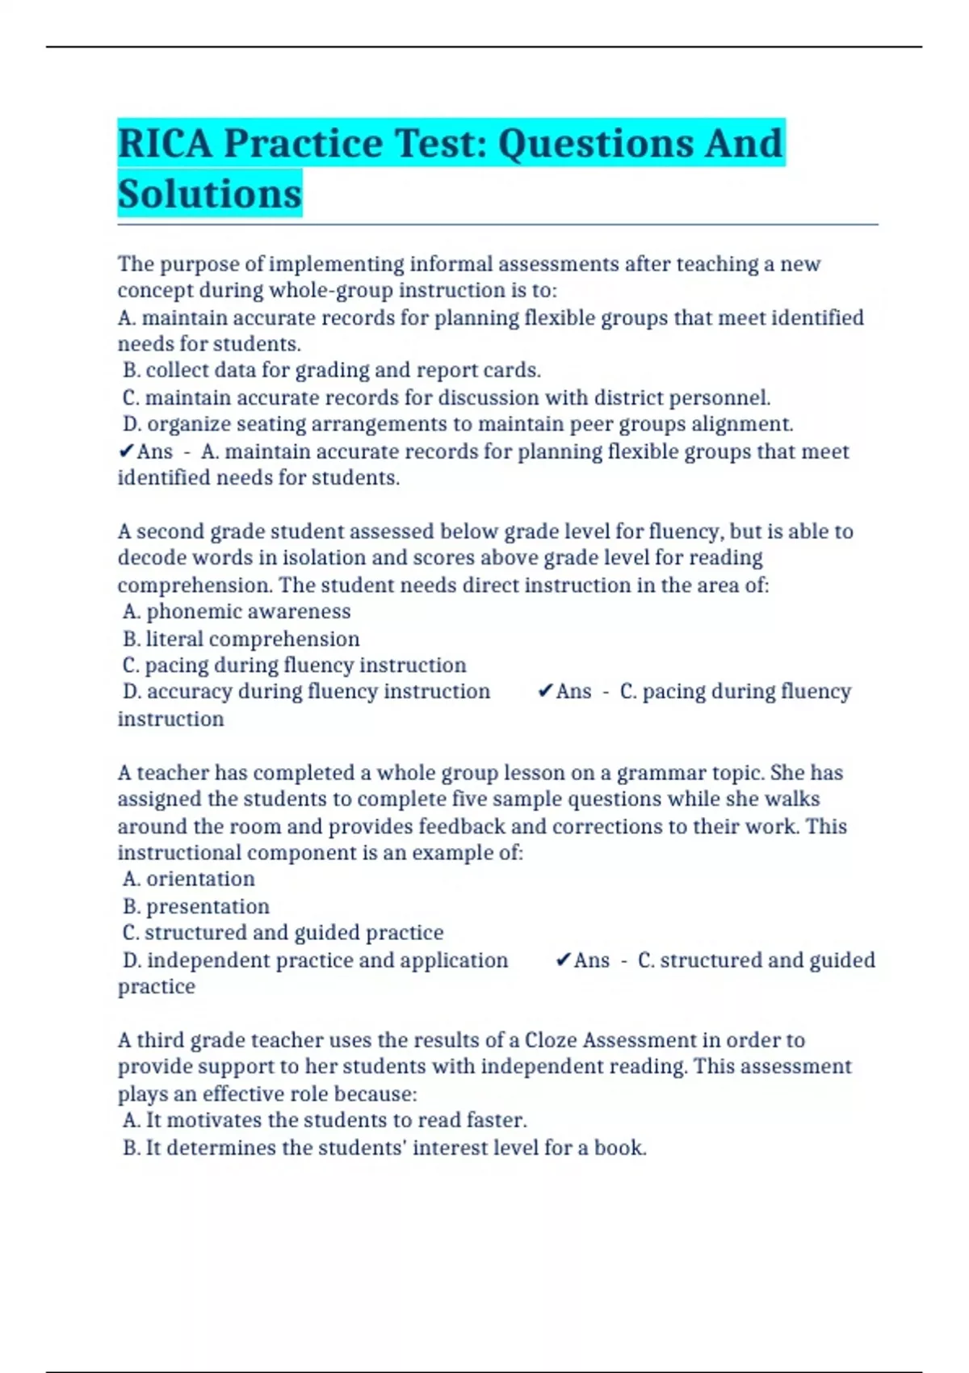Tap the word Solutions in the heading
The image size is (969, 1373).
point(209,195)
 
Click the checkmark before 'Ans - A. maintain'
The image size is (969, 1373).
point(126,451)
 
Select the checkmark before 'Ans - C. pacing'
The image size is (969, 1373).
point(545,691)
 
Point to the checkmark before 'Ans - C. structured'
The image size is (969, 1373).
point(564,960)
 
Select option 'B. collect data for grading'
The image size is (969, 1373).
point(332,371)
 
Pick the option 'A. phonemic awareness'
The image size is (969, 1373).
point(237,611)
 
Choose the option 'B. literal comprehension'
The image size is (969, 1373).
point(241,639)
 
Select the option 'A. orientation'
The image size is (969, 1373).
point(189,879)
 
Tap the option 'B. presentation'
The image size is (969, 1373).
point(196,906)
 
